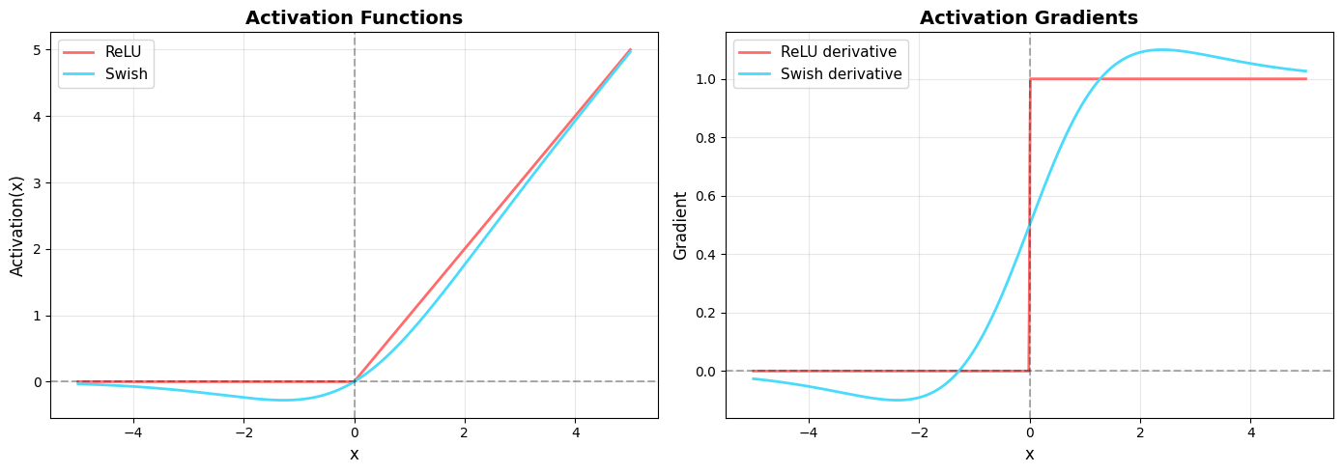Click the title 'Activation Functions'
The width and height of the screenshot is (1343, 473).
coord(354,17)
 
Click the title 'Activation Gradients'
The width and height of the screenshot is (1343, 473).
coord(1028,17)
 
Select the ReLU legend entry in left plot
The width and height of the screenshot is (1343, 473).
coord(123,51)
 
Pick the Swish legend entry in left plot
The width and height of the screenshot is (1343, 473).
coord(126,74)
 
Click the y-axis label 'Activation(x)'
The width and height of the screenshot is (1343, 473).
coord(17,225)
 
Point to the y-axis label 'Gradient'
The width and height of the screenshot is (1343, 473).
coord(681,225)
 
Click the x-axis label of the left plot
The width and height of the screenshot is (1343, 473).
coord(354,455)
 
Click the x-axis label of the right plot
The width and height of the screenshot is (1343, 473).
coord(1029,455)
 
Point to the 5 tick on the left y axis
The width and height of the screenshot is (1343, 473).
coord(38,49)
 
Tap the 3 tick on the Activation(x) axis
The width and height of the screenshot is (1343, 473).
coord(38,182)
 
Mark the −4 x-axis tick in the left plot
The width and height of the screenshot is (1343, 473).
coord(132,432)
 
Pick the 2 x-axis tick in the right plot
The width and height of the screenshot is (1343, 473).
coord(1140,432)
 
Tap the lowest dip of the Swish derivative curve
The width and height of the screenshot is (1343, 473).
coord(898,400)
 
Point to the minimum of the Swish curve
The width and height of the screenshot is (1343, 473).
coord(283,400)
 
